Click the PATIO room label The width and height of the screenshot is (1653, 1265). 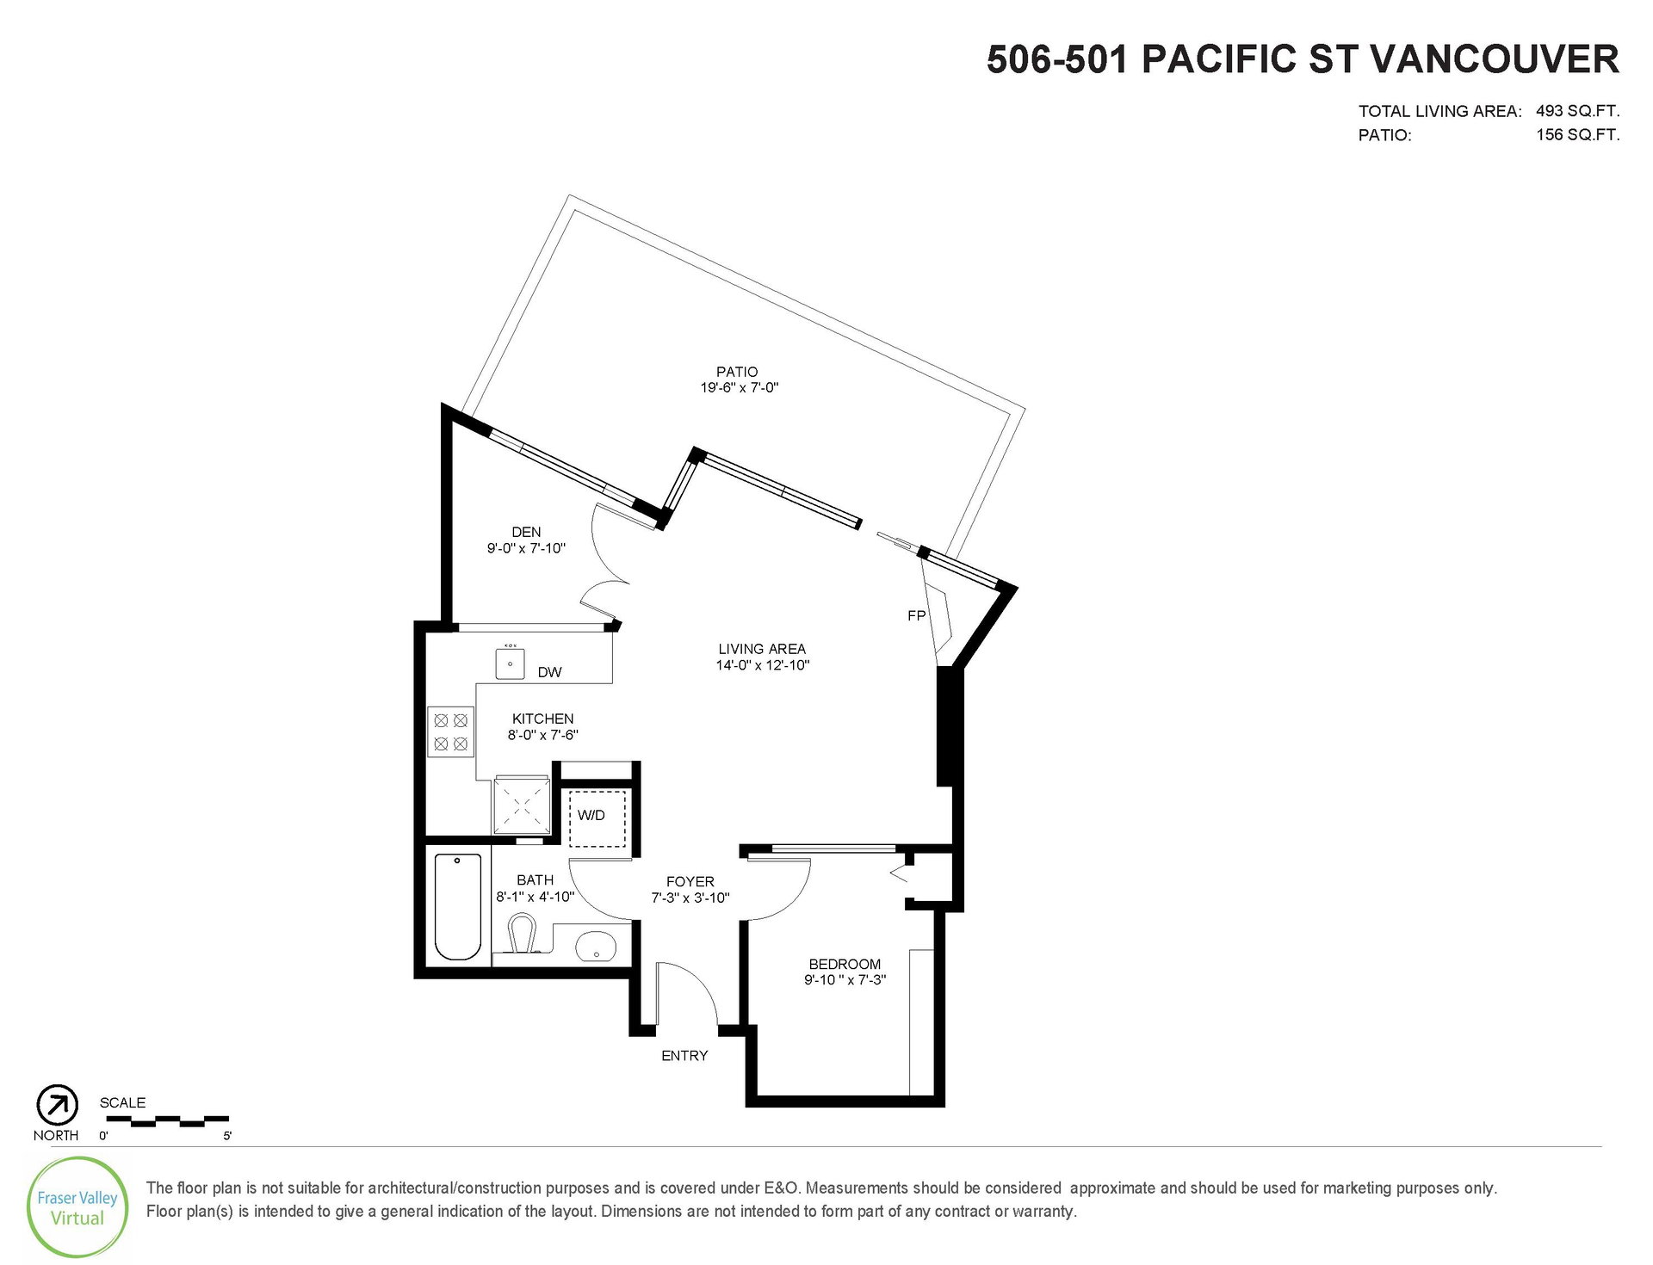[737, 372]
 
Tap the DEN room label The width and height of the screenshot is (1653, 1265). [526, 532]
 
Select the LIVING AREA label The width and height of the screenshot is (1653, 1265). [762, 649]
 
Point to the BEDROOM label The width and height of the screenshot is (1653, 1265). [845, 964]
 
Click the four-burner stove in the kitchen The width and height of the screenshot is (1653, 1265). [450, 731]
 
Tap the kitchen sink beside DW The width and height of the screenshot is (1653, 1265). [511, 663]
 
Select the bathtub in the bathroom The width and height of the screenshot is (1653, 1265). [457, 906]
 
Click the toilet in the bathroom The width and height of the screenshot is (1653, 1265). [520, 935]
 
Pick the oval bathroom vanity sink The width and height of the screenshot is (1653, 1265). [595, 946]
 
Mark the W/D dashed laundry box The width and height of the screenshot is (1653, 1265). [597, 818]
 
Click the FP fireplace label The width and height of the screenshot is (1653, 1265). [916, 615]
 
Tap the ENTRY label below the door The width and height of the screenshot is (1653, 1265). [684, 1055]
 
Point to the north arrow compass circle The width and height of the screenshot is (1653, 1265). [57, 1106]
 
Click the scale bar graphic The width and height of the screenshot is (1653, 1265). [167, 1120]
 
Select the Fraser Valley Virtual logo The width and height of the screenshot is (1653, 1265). [77, 1208]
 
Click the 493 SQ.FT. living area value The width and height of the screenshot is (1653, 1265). [1577, 111]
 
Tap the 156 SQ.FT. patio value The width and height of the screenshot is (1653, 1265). [1577, 134]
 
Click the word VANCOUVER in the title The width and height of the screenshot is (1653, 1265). [1494, 59]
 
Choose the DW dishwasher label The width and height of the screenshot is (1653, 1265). [549, 672]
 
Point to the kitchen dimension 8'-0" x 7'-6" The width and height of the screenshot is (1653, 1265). [542, 735]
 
